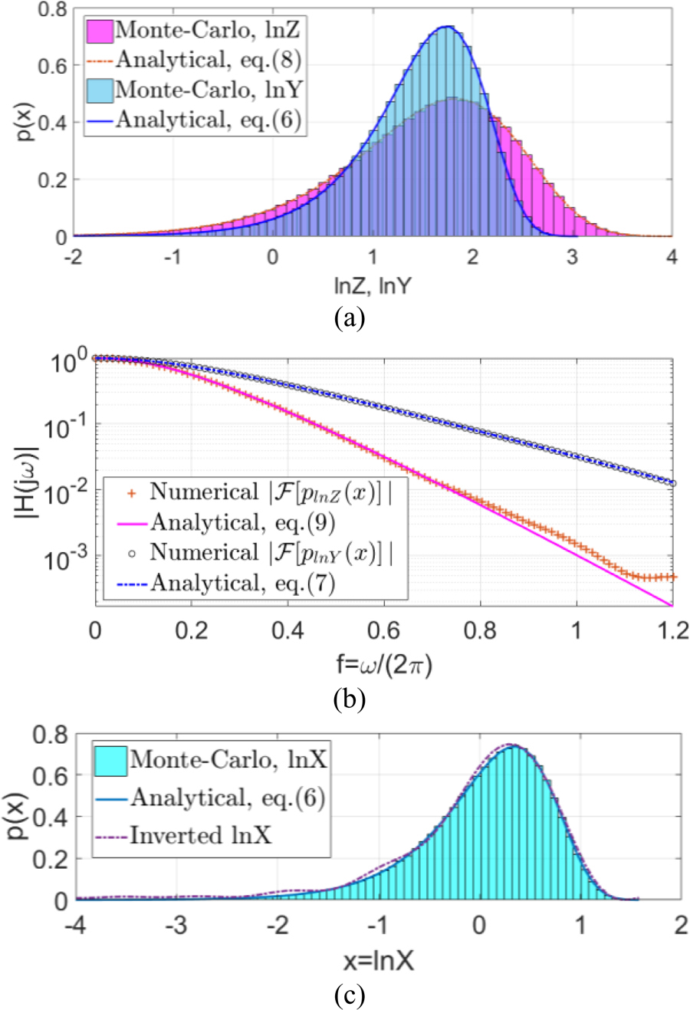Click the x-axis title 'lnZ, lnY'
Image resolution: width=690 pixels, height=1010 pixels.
pos(373,286)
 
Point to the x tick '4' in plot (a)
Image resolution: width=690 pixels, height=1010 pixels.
pos(672,258)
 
